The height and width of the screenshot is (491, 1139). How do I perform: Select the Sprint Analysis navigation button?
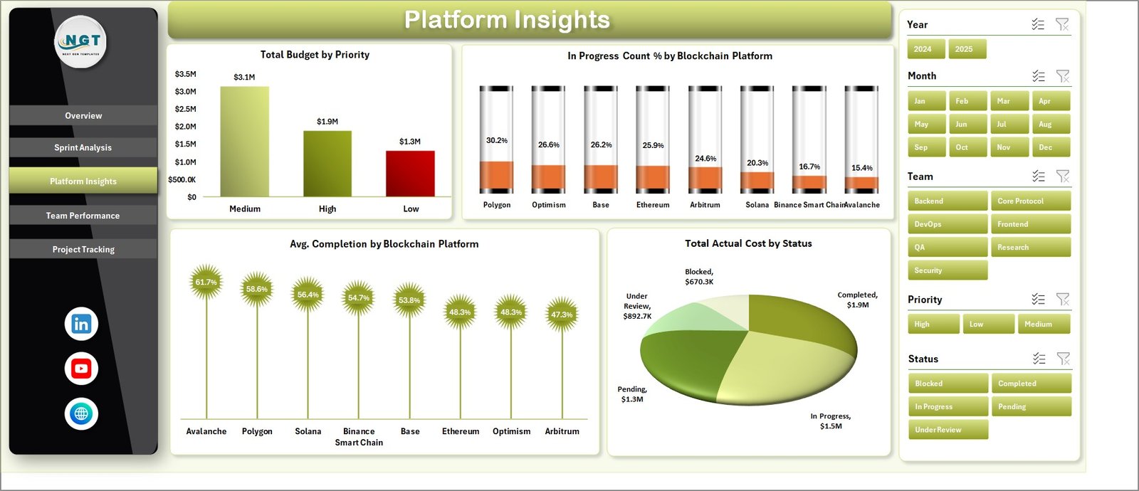click(83, 147)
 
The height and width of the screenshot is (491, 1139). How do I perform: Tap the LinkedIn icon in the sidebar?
click(81, 324)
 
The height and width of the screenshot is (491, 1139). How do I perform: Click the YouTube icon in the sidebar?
click(81, 369)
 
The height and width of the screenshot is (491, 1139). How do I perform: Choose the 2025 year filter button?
click(967, 49)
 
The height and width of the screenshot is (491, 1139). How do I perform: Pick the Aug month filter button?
click(1049, 124)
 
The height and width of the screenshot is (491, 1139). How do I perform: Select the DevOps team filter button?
click(947, 224)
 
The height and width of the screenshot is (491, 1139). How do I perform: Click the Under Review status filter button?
click(947, 430)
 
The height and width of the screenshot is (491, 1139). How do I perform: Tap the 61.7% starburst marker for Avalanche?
click(206, 282)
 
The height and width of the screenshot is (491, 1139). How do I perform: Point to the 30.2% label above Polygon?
click(497, 140)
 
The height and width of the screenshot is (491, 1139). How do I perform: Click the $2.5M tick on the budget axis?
click(185, 109)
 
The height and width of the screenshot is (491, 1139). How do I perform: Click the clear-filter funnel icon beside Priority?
click(1063, 300)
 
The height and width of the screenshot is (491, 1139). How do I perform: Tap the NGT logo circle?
click(81, 41)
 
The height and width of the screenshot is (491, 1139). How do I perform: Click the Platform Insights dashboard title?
click(507, 20)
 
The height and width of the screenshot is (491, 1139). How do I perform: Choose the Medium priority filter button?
click(1044, 324)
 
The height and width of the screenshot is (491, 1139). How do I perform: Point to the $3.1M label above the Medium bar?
click(244, 77)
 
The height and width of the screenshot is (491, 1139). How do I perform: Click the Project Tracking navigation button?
click(83, 249)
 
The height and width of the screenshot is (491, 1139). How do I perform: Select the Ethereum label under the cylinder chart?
click(653, 205)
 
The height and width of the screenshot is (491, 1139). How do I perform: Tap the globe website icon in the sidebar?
click(81, 413)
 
